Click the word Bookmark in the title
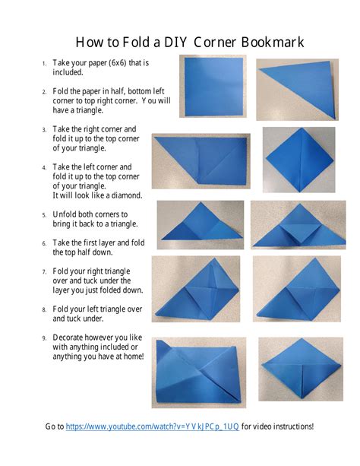click(x=273, y=42)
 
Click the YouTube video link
click(x=152, y=426)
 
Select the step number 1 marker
click(x=44, y=64)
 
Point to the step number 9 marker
click(x=44, y=338)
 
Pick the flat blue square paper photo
click(x=213, y=86)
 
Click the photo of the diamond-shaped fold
click(x=298, y=160)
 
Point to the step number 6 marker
click(x=44, y=243)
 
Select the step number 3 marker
click(x=44, y=130)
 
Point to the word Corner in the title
click(x=214, y=42)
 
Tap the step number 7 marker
click(x=44, y=272)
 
